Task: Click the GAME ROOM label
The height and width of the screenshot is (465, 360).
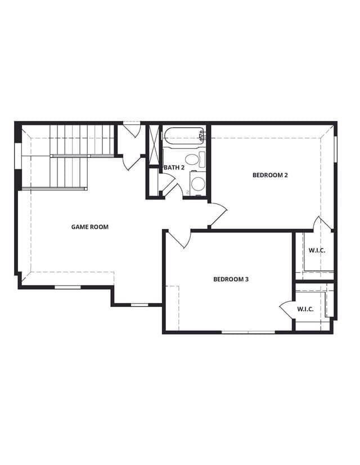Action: [x=89, y=227]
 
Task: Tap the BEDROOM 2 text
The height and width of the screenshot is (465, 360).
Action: [x=270, y=175]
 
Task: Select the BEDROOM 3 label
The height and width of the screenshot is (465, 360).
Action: [x=231, y=279]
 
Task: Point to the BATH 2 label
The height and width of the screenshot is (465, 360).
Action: [x=174, y=168]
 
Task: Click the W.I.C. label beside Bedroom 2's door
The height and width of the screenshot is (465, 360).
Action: [x=317, y=250]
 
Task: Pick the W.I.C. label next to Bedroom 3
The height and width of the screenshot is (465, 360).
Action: [x=305, y=309]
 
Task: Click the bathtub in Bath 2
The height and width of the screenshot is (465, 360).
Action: [x=183, y=136]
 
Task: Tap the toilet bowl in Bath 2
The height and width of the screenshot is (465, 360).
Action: [x=191, y=159]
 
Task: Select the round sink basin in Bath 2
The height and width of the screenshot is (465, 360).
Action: [x=197, y=184]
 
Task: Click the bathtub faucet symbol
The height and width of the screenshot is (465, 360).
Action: [x=202, y=136]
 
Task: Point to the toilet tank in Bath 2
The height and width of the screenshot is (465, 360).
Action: [x=202, y=160]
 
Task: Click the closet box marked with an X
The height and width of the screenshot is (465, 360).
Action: [x=154, y=145]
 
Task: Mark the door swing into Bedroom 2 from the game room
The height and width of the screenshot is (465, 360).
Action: [x=218, y=215]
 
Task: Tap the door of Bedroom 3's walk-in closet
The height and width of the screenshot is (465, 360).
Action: [x=287, y=310]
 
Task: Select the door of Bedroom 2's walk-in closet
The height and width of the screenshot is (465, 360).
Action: [x=323, y=223]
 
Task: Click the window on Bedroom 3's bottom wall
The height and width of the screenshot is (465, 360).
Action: [x=249, y=332]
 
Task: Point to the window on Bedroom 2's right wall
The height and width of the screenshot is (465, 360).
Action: [x=336, y=149]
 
